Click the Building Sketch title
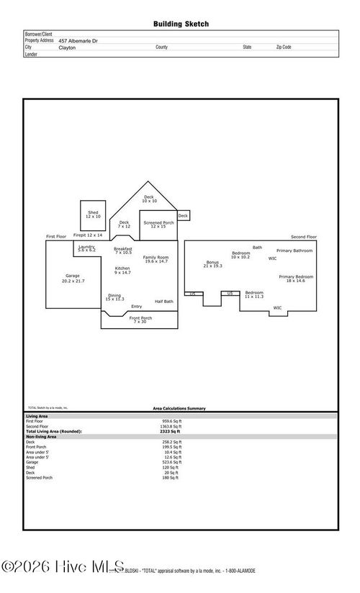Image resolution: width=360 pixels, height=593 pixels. (x=181, y=24)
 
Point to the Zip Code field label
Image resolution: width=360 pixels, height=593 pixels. (x=284, y=47)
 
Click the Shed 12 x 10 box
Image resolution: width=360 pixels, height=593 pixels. (x=93, y=214)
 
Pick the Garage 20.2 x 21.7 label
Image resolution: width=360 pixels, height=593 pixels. (x=73, y=279)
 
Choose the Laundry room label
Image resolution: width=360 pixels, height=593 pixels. (x=86, y=248)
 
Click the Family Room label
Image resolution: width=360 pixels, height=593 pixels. (x=156, y=259)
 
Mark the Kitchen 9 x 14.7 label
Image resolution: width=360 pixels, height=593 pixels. (x=122, y=271)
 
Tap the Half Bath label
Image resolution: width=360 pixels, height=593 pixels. (x=163, y=302)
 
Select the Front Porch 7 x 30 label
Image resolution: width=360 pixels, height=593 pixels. (x=140, y=320)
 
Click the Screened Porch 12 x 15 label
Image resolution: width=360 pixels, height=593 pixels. (x=158, y=225)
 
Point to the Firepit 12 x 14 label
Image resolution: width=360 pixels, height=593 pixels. (x=88, y=235)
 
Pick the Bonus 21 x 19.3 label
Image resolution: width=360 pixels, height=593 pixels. (x=212, y=264)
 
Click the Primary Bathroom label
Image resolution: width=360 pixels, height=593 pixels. (x=294, y=250)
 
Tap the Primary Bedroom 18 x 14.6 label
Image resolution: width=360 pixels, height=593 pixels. (x=296, y=279)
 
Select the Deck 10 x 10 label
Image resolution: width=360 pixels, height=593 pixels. (x=148, y=199)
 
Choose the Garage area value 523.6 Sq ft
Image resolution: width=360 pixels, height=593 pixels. (x=171, y=462)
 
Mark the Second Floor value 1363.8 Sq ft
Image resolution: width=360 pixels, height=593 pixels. (x=171, y=426)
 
